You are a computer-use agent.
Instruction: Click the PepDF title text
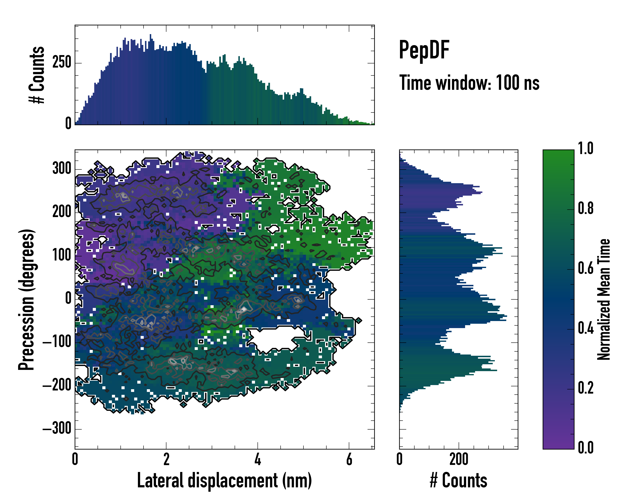tap(424, 50)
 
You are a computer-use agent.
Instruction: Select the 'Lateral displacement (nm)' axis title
tap(224, 480)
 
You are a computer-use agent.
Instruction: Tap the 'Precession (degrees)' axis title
tap(26, 299)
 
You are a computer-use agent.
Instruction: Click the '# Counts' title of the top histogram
tap(37, 75)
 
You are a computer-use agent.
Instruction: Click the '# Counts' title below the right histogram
tap(458, 480)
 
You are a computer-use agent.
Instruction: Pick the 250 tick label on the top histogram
tap(62, 63)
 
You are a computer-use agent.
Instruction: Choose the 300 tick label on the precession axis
tap(62, 168)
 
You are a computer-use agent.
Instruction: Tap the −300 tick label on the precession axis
tap(57, 429)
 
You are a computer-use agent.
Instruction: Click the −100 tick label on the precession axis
tap(57, 342)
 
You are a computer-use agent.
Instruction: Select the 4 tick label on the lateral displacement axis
tap(258, 459)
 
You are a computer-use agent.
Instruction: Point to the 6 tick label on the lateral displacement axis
tap(349, 459)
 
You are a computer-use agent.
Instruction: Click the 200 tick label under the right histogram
tap(459, 459)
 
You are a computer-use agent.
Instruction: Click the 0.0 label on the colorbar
tap(586, 447)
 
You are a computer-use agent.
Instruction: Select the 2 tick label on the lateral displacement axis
tap(166, 459)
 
